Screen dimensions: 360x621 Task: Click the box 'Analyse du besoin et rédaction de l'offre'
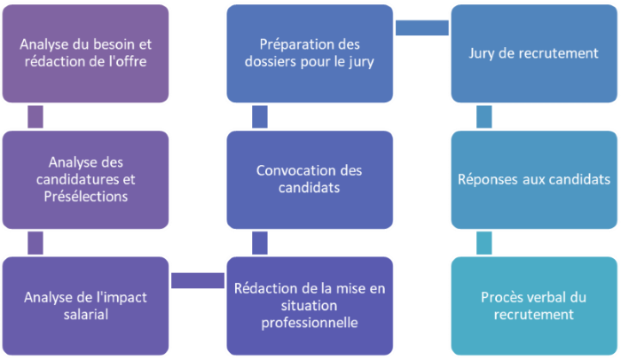tap(86, 53)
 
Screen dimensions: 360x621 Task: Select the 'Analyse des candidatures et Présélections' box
tap(86, 179)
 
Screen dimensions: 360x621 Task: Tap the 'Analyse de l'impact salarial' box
tap(86, 305)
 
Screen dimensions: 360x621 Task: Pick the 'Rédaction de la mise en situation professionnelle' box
tap(310, 305)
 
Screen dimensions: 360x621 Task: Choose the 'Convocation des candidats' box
tap(310, 179)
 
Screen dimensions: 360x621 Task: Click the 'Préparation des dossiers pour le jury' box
tap(310, 53)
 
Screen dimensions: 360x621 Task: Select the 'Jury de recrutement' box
tap(533, 53)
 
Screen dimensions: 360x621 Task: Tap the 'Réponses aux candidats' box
tap(533, 179)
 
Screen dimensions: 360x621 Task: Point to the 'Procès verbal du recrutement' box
tap(533, 305)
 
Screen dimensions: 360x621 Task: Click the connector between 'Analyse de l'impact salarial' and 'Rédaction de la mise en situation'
tap(198, 280)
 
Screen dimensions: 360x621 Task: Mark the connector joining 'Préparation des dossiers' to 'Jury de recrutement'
tap(421, 27)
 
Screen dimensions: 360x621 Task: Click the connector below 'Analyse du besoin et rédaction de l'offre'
tap(36, 116)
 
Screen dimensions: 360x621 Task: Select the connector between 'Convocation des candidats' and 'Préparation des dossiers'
tap(260, 116)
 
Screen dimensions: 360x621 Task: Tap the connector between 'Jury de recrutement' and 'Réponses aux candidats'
tap(484, 116)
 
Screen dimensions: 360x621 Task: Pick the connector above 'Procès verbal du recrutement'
tap(484, 242)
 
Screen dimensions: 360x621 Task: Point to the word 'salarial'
tap(86, 314)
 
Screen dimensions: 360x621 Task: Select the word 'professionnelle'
tap(310, 323)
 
